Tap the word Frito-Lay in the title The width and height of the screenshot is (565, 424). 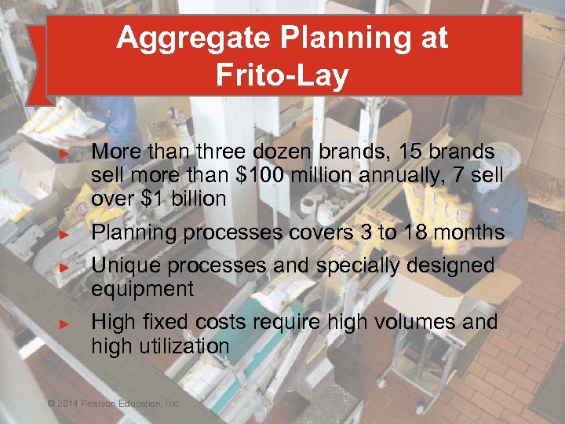point(282,76)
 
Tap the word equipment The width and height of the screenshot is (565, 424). point(142,290)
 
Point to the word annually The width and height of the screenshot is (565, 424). point(403,175)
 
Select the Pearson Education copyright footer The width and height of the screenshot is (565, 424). point(114,404)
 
